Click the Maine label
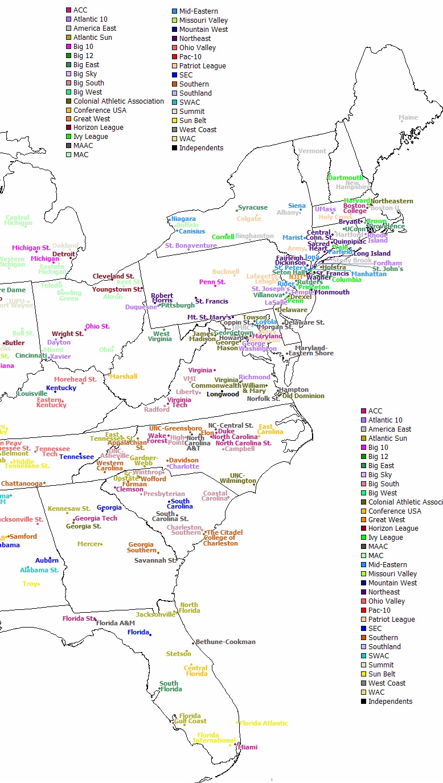tap(408, 118)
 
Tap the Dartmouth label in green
tap(346, 178)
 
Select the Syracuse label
tap(253, 208)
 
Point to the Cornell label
tap(223, 237)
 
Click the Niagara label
tap(183, 219)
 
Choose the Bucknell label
tap(225, 272)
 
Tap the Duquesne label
tap(141, 307)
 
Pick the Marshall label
tap(124, 376)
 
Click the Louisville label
tap(32, 393)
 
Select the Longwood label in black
tap(223, 394)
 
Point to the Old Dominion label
tap(303, 396)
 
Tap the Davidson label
tap(184, 460)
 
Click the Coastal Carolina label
tap(215, 496)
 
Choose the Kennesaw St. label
tap(69, 509)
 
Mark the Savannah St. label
tap(155, 560)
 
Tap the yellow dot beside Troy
tap(39, 584)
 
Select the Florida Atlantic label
tap(264, 723)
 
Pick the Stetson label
tap(179, 654)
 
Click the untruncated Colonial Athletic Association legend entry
tap(118, 101)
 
